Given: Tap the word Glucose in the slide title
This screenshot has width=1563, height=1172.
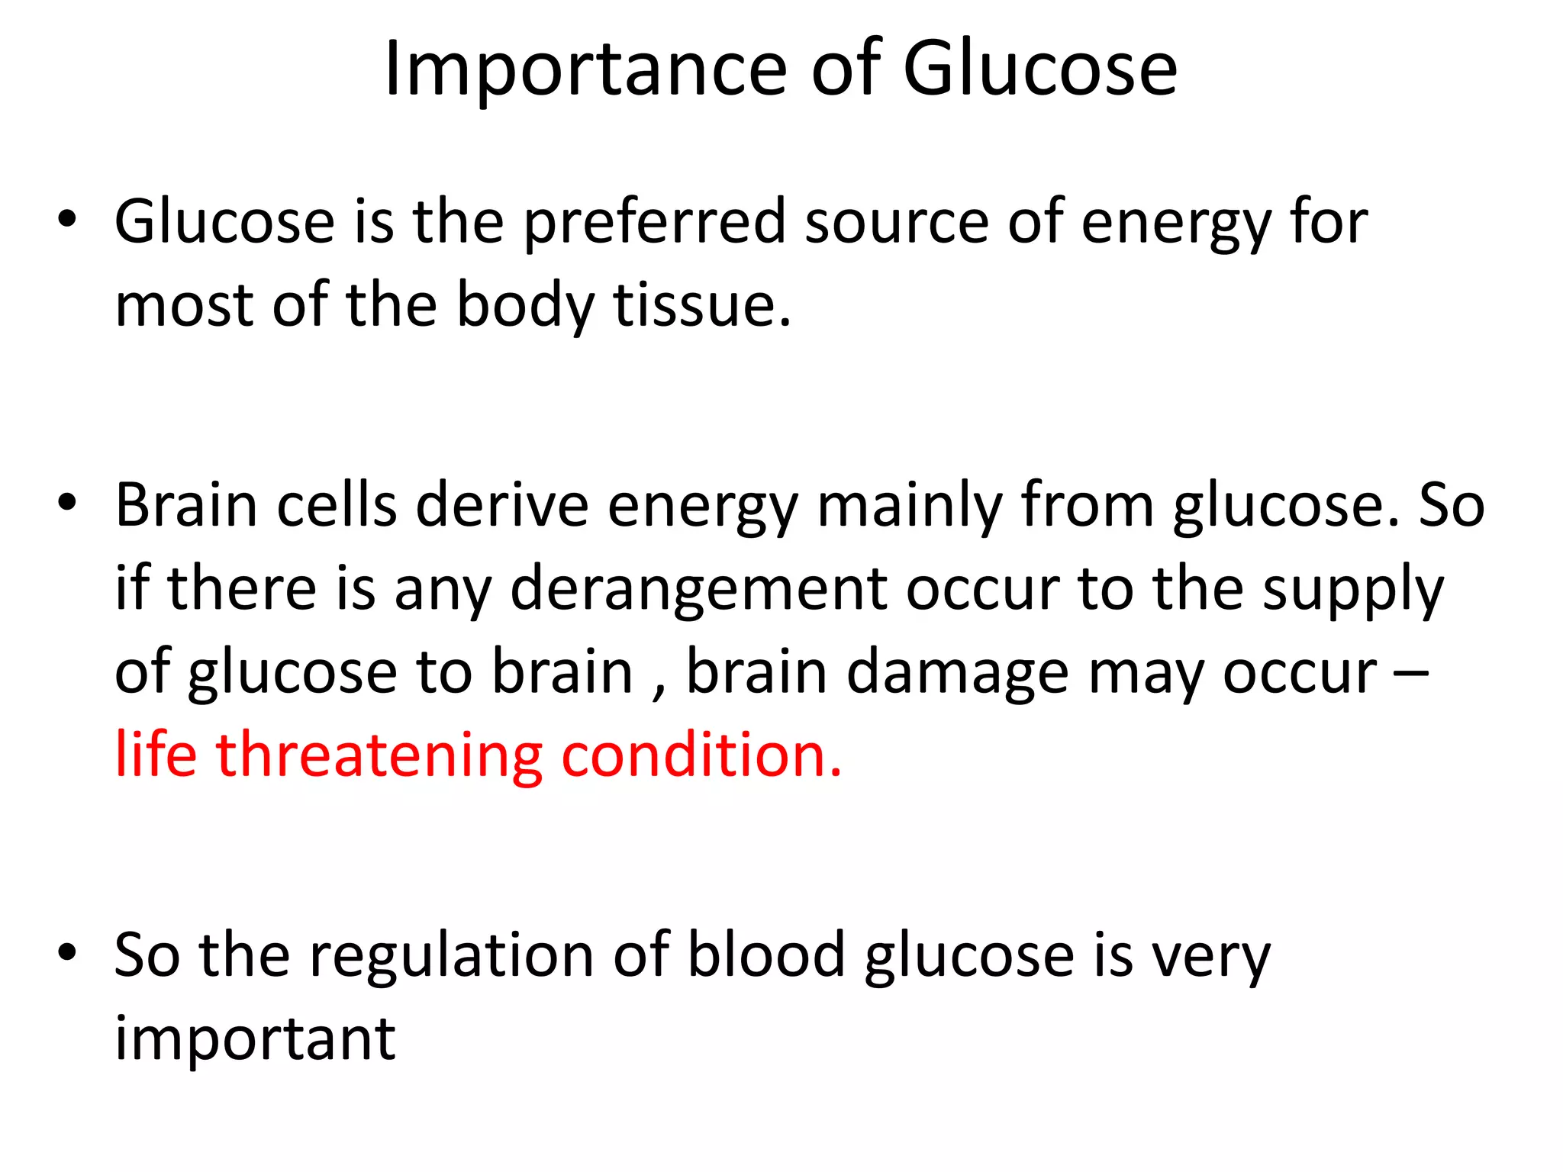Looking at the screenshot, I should [1039, 70].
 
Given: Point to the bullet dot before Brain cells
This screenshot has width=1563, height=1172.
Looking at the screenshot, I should [67, 502].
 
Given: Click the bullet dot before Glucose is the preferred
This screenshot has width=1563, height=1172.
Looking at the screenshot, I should [67, 220].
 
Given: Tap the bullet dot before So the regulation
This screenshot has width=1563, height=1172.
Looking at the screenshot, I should [67, 952].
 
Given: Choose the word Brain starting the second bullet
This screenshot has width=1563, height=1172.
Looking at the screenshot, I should [186, 505].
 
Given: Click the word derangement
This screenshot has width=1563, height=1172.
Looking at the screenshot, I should [698, 589].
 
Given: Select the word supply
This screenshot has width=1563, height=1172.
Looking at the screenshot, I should [1352, 589].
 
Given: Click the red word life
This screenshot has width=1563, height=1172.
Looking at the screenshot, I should [156, 755].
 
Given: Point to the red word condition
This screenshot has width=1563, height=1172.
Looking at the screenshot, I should [701, 755].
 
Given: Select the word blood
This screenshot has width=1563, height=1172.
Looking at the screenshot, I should [766, 955].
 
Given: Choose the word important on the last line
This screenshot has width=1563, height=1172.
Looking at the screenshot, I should [255, 1039].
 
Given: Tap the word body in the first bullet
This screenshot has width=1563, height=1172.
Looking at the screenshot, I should [525, 305].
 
